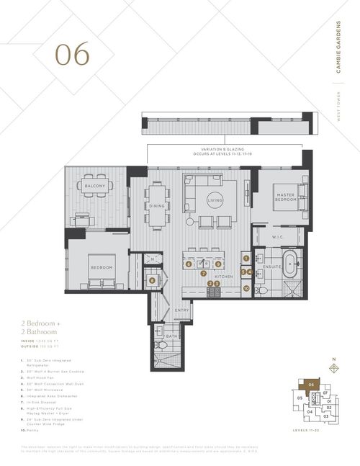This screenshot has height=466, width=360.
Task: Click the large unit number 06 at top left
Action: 73,54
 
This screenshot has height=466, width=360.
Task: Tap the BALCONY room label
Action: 95,187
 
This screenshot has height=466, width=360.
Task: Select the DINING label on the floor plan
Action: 157,205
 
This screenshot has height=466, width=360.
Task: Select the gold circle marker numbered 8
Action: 152,280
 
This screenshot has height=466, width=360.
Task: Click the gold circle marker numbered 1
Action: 246,257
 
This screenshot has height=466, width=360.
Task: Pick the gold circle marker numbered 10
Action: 246,289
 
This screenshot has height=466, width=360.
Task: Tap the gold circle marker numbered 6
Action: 189,264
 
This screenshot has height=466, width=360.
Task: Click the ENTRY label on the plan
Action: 181,310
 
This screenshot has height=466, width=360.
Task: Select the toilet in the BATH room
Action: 163,346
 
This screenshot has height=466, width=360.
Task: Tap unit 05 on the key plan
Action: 297,397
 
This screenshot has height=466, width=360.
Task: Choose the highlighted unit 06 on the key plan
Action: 312,386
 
